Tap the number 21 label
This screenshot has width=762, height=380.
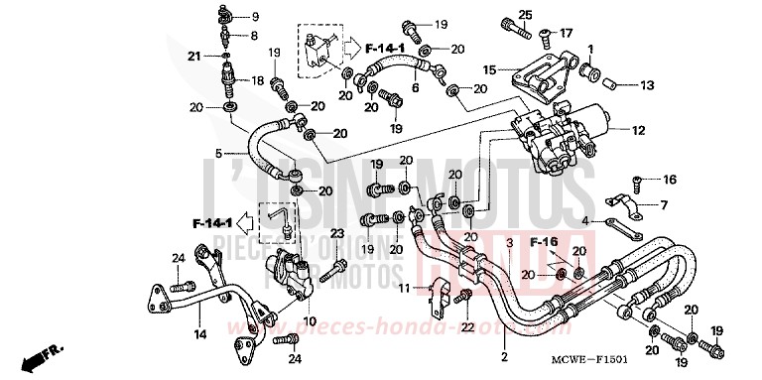194,56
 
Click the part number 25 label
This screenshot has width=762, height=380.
526,14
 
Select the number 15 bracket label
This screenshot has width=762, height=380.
489,69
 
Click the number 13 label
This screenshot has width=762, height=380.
647,84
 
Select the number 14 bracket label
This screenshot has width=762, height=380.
199,335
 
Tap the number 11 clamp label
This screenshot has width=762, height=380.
404,288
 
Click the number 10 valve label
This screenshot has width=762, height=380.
310,320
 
